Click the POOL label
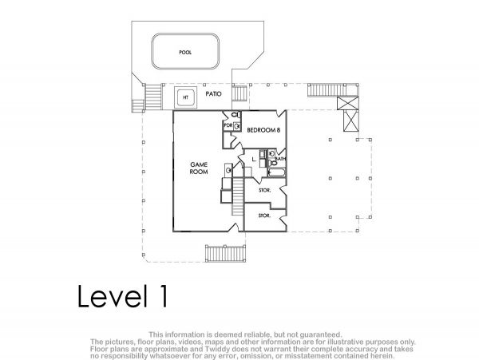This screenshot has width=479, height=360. coord(185,53)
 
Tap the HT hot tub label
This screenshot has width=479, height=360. coord(185,97)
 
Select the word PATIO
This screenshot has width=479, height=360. coord(213,93)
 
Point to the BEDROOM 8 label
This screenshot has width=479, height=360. coord(263,130)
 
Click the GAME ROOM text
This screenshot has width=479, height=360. coord(199,168)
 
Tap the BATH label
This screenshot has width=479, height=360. coord(280,159)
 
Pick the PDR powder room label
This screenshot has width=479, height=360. coord(228,125)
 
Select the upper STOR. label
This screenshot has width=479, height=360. coord(264,190)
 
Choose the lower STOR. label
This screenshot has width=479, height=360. coord(264,216)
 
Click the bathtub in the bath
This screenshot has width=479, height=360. coord(277,173)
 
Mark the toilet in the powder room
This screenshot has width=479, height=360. coord(236,115)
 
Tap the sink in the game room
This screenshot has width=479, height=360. coord(228,170)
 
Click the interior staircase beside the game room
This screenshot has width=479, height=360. coord(238,196)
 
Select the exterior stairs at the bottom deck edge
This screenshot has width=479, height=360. coord(225,253)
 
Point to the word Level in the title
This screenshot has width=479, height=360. coord(111,295)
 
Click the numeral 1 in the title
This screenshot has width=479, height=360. coord(164,295)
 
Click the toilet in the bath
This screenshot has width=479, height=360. coord(274,164)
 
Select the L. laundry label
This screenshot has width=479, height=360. coord(254,159)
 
